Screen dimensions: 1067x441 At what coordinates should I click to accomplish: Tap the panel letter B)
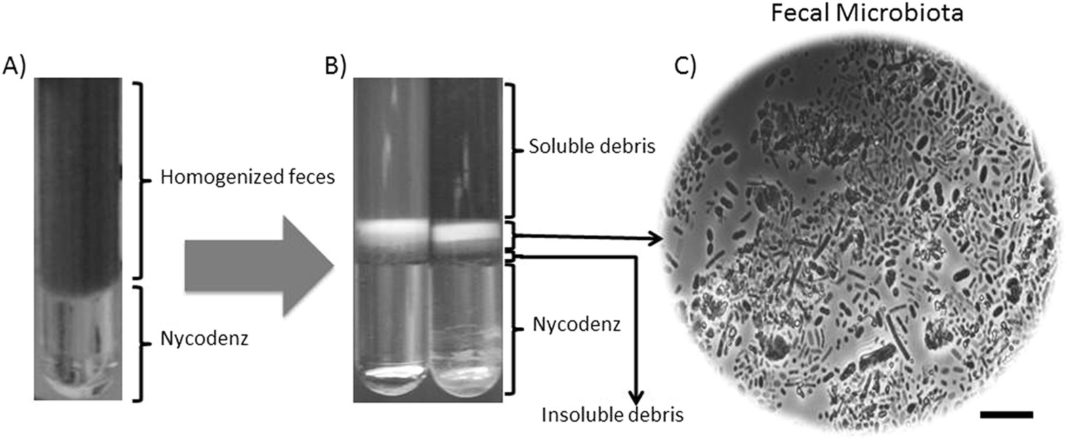tap(335, 66)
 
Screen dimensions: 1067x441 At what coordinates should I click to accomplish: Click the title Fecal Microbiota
tap(866, 12)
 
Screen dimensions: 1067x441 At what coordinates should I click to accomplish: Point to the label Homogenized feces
tap(247, 177)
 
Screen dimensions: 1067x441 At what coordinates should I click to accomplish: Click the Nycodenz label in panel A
tap(204, 338)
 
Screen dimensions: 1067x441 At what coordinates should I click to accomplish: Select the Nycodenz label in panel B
tap(576, 324)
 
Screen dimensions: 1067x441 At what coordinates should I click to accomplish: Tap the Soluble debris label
tap(591, 146)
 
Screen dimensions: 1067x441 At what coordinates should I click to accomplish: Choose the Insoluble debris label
tap(612, 414)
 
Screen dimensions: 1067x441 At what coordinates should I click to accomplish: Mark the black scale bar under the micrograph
tap(1006, 414)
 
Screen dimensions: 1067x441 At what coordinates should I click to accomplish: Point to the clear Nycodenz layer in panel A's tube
tap(78, 332)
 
